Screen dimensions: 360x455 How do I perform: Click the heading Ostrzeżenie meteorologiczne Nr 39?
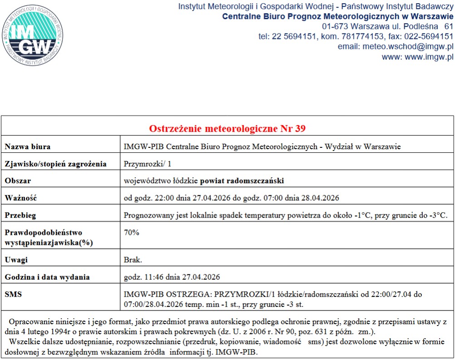[227, 128]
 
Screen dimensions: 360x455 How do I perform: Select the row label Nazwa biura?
[28, 147]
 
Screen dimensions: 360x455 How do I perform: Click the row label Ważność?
[20, 198]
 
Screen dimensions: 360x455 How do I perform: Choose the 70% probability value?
[132, 232]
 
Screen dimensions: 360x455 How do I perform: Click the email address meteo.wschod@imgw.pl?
[409, 47]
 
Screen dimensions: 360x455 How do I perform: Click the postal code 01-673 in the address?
[335, 26]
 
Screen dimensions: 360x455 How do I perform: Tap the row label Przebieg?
[20, 215]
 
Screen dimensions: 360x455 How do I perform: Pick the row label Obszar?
[18, 181]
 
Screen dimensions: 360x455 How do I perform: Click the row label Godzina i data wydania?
[47, 277]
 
